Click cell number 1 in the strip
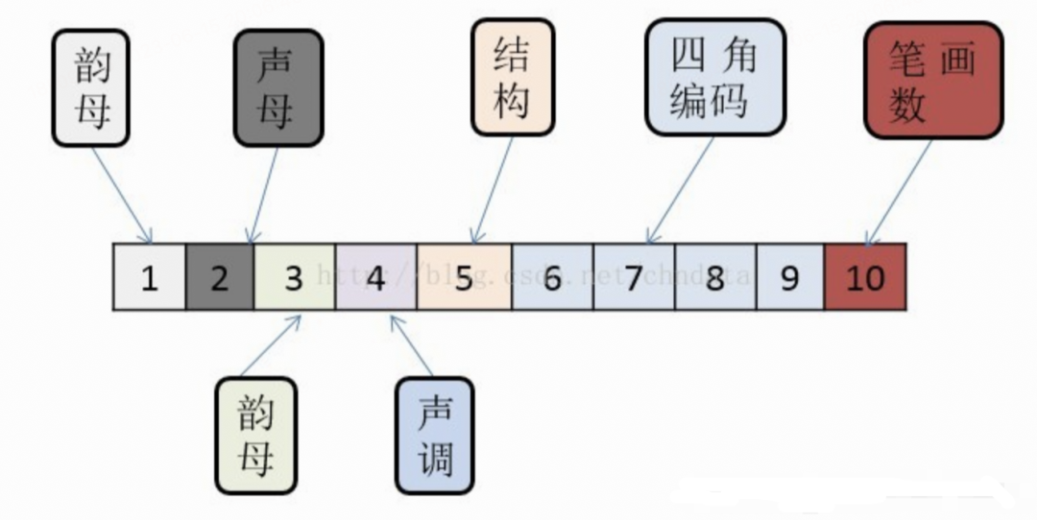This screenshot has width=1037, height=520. pos(149,277)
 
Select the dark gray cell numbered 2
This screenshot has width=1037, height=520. pos(220,277)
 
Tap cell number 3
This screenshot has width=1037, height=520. pos(295,277)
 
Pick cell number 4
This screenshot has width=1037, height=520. pos(376,277)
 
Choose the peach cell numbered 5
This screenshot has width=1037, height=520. pos(465,277)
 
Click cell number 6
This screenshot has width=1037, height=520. pos(552,277)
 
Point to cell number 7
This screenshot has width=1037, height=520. pos(634,277)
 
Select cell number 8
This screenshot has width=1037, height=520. pos(715,277)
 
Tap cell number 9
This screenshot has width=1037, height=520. pos(789,277)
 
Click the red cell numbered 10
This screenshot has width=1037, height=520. pos(865,277)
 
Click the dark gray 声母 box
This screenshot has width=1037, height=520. pos(278,87)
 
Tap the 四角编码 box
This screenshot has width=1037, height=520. pos(715,77)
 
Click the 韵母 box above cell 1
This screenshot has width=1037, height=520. pos(90,87)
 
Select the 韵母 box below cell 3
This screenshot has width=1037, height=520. pos(255,436)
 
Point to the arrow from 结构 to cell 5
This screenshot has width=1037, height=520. pos(491,188)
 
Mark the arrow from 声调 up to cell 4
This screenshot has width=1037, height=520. pos(411,345)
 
